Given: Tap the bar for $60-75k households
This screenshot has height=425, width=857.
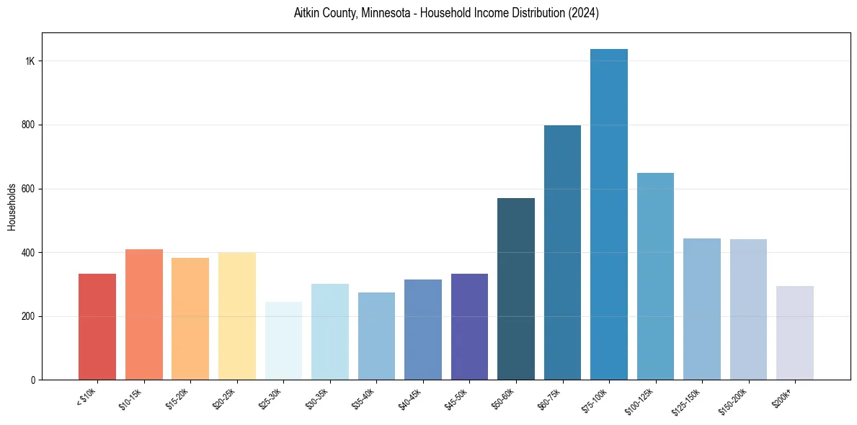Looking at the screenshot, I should pos(562,252).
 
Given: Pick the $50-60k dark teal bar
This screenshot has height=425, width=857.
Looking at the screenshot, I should pos(516,289).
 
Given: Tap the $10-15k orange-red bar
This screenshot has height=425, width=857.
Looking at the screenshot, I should pos(144,314).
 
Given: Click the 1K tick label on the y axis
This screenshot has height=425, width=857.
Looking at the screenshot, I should pos(30,61).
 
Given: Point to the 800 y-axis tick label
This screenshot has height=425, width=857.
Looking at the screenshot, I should pos(29,125).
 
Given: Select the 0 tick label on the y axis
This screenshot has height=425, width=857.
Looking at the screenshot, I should pos(33,380).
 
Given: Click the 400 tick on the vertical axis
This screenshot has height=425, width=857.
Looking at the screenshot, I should pos(29,252).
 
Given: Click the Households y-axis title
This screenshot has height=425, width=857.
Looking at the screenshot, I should pos(12,206).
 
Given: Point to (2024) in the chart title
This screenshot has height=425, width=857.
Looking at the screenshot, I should pos(584,13).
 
